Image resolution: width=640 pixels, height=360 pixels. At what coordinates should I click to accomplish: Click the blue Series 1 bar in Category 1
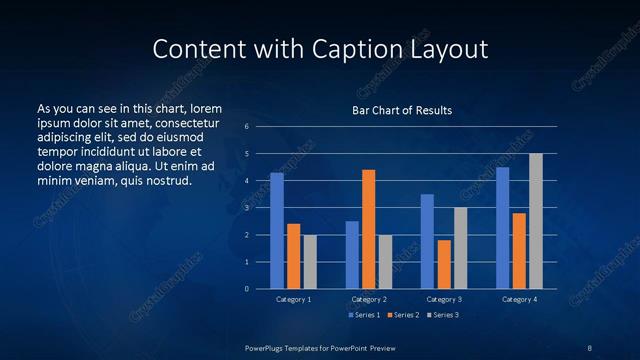277,231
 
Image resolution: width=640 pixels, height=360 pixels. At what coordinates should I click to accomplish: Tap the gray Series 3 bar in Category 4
535,221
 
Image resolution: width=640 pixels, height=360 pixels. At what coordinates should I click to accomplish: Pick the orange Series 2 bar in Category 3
444,264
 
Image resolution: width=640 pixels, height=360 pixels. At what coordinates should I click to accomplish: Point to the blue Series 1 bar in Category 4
502,228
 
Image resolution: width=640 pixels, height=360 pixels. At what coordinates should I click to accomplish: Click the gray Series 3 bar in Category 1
310,262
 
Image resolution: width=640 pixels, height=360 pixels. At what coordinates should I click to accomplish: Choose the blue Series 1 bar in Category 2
352,255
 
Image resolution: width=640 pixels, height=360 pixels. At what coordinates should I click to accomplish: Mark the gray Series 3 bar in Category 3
460,248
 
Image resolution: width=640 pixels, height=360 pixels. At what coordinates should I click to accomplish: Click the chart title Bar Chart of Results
402,110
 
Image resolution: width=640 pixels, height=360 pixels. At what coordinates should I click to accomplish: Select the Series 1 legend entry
363,316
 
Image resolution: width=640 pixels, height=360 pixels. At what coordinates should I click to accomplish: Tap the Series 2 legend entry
403,316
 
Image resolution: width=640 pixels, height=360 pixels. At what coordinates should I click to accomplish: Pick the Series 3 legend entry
443,316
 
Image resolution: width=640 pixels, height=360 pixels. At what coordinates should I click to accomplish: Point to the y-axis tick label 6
246,127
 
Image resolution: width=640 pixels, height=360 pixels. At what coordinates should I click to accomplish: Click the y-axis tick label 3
246,208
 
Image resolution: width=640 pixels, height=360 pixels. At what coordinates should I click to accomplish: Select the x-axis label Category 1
293,299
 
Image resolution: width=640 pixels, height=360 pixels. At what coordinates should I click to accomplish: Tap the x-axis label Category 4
518,299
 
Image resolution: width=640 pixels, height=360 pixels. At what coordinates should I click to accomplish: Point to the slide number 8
590,347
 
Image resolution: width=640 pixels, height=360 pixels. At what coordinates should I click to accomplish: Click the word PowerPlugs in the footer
267,347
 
